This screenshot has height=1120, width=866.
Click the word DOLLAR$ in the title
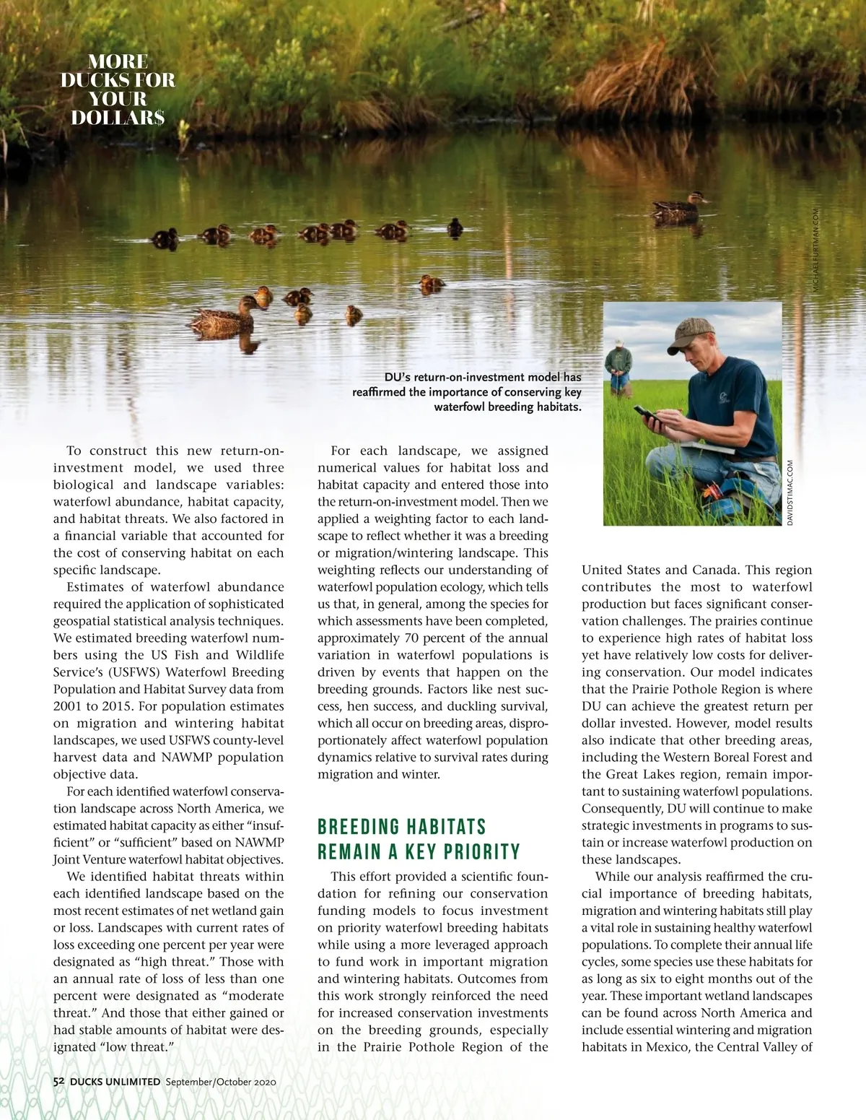pyautogui.click(x=118, y=117)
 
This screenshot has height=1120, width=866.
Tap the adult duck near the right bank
pyautogui.click(x=678, y=207)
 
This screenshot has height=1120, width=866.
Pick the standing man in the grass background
pyautogui.click(x=618, y=369)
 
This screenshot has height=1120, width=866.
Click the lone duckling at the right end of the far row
pyautogui.click(x=455, y=227)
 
